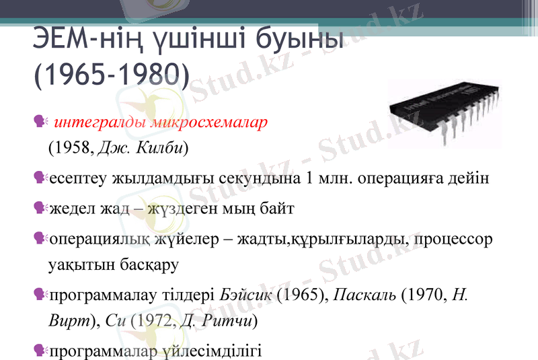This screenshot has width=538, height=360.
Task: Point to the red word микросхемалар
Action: click(x=209, y=123)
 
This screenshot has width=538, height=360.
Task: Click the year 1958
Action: click(x=72, y=147)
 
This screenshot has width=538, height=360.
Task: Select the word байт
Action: click(x=275, y=209)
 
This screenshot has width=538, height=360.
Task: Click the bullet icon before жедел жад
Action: click(x=39, y=209)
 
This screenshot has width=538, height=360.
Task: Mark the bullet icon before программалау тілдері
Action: click(x=39, y=295)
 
